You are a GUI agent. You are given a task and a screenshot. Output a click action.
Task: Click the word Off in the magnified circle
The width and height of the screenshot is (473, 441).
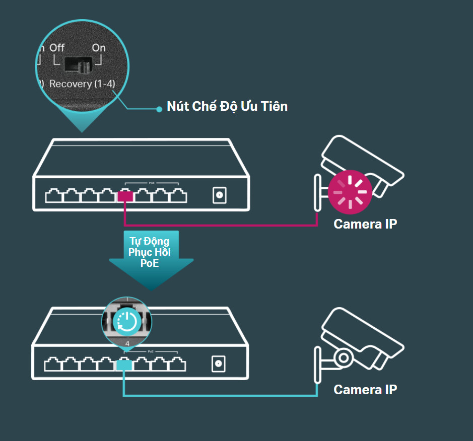(57, 48)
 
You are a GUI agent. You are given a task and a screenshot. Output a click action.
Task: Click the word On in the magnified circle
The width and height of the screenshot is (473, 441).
(99, 48)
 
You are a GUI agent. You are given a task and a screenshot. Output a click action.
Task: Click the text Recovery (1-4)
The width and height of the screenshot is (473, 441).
(82, 84)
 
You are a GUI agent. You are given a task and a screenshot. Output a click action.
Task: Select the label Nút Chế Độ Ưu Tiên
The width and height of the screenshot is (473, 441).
(227, 106)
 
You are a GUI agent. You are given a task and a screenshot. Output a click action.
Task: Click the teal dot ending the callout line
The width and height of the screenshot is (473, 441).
(159, 109)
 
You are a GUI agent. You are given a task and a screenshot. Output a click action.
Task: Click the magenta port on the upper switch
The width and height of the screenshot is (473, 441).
(125, 196)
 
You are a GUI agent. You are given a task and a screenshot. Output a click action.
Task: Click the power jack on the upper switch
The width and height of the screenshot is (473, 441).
(219, 195)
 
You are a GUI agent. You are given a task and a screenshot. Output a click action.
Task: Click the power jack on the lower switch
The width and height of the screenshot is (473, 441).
(219, 364)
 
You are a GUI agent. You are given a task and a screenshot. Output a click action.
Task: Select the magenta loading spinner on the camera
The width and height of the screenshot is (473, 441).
(350, 192)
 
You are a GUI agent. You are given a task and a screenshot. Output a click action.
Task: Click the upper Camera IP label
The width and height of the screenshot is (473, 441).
(365, 224)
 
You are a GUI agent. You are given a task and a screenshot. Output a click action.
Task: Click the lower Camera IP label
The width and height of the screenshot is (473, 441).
(365, 390)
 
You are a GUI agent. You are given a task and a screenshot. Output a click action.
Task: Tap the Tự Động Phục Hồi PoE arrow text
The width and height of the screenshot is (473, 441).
(150, 252)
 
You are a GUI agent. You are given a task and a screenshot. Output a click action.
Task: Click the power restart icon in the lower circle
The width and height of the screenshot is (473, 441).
(127, 322)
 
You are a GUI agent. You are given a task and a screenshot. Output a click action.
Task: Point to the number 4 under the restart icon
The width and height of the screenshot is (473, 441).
(127, 344)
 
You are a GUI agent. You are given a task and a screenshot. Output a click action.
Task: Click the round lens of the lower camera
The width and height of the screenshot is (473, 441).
(343, 358)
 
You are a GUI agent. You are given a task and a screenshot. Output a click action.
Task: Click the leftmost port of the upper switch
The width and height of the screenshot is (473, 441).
(53, 196)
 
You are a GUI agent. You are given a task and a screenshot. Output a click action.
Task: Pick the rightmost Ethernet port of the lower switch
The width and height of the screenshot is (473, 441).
(177, 364)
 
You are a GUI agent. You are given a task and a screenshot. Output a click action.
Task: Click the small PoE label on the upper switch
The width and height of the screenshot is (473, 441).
(152, 183)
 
